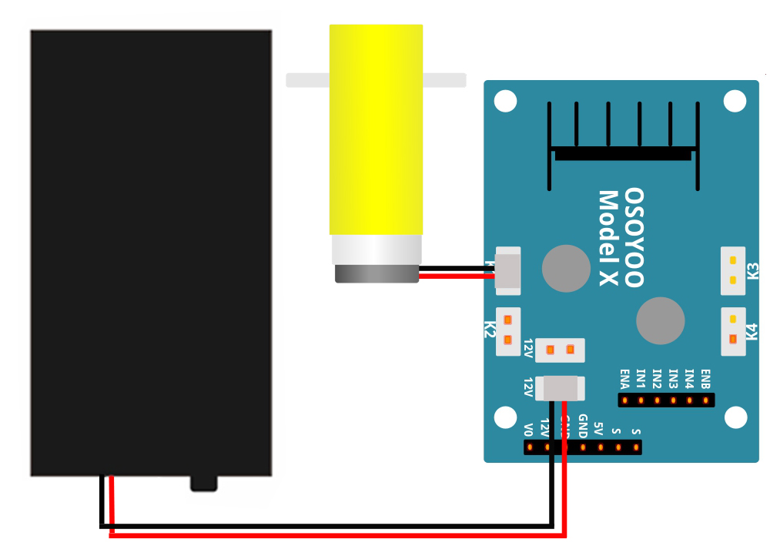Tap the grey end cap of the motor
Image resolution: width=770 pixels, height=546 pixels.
[377, 274]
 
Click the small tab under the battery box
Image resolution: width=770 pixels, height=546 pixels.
[204, 483]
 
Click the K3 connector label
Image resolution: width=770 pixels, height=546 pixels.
[753, 271]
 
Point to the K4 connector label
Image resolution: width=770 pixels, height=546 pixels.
[753, 332]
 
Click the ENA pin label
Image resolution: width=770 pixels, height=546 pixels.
[624, 379]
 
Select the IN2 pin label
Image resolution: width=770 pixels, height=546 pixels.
[657, 379]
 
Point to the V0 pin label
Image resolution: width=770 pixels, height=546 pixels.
[529, 428]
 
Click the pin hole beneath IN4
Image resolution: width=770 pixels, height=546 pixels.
[689, 400]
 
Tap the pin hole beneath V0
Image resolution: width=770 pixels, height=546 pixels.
[529, 447]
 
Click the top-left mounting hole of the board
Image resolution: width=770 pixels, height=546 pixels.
[505, 101]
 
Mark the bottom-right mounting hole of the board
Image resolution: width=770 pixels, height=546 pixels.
[736, 418]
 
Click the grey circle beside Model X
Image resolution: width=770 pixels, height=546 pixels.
[566, 268]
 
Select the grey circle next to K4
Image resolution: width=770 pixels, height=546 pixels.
[660, 321]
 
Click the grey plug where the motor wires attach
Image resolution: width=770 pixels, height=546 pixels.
[507, 271]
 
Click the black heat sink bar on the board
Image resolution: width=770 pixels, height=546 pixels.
[623, 154]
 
